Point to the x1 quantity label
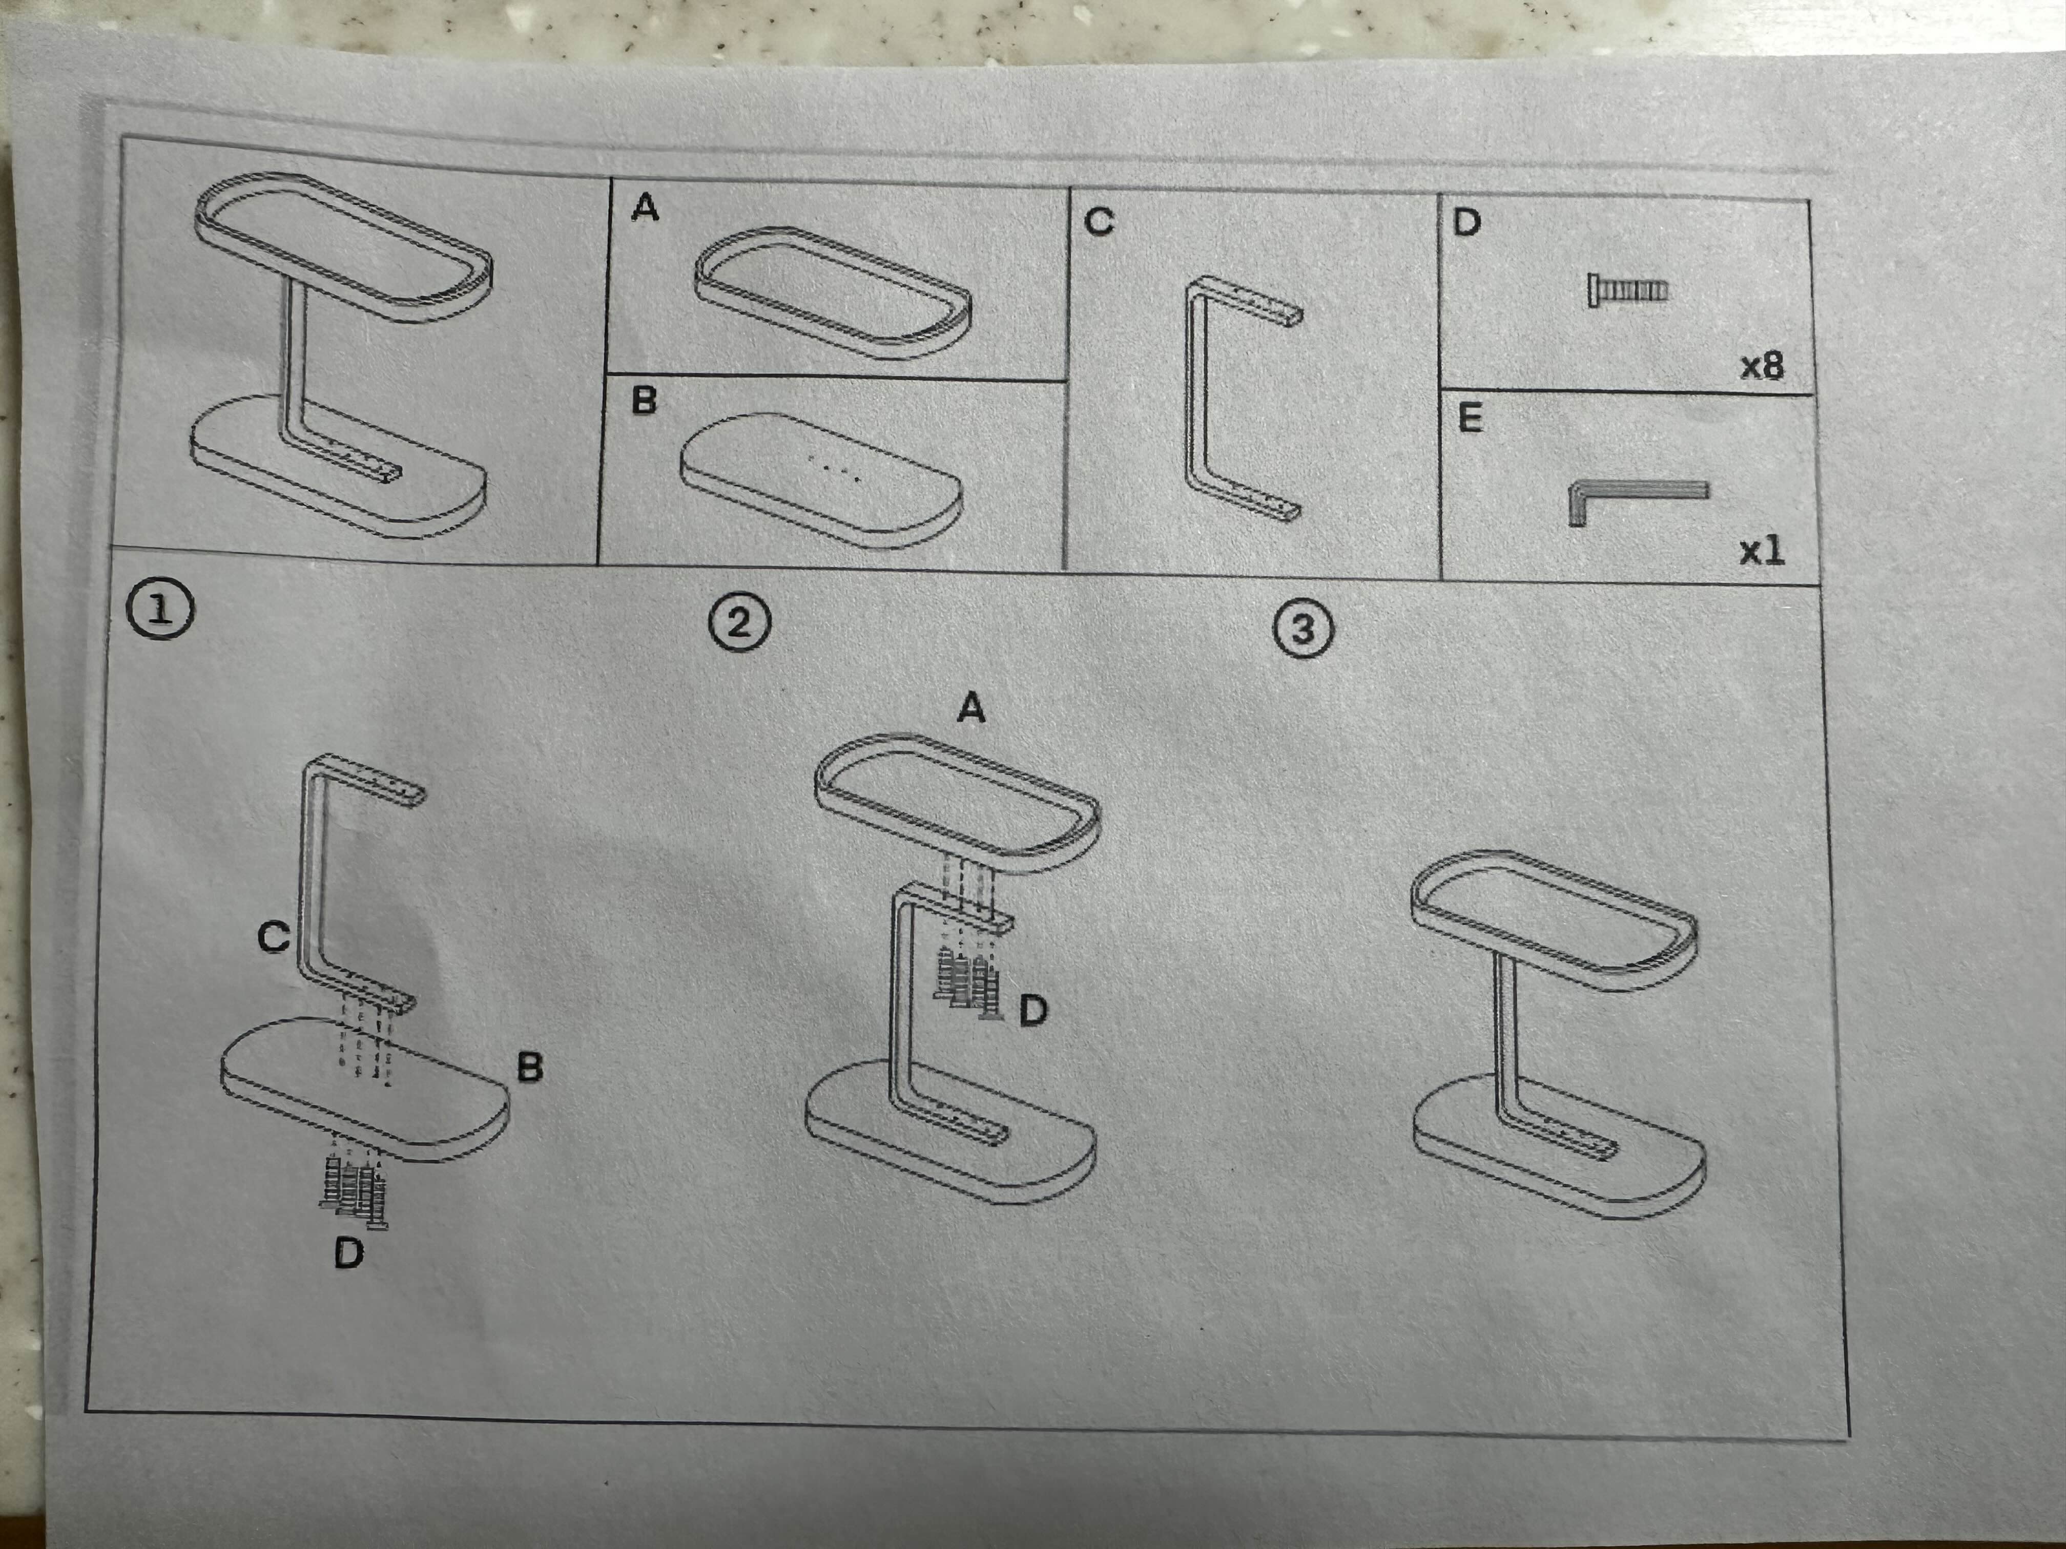pos(1762,551)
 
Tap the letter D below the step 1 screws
pos(348,1253)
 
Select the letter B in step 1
pos(530,1067)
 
